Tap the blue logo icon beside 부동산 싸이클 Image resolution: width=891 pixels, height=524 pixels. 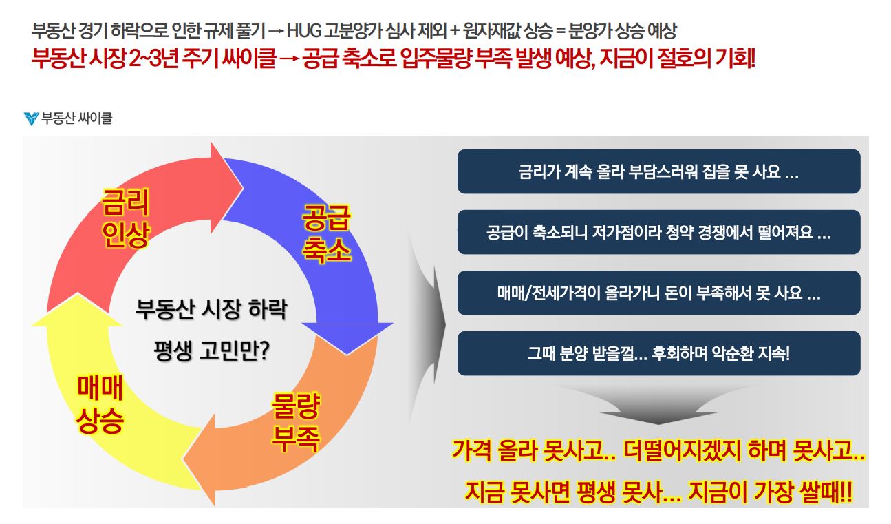31,118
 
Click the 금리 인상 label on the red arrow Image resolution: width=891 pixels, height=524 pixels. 126,218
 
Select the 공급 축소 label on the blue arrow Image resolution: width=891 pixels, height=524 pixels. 326,234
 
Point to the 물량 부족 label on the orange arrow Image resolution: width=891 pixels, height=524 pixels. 296,423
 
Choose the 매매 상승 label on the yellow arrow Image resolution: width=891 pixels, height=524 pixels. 100,404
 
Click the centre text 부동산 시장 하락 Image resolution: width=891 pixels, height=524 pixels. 211,309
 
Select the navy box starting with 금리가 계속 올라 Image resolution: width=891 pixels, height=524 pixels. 658,171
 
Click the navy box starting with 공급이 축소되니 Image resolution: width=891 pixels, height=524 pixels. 658,232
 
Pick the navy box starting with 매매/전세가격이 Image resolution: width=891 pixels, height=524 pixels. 658,293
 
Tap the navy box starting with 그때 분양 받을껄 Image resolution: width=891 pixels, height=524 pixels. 658,353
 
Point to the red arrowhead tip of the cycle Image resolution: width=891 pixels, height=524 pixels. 244,187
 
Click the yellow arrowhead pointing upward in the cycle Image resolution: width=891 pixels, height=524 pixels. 78,310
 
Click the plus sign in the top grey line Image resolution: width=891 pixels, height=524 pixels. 455,31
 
